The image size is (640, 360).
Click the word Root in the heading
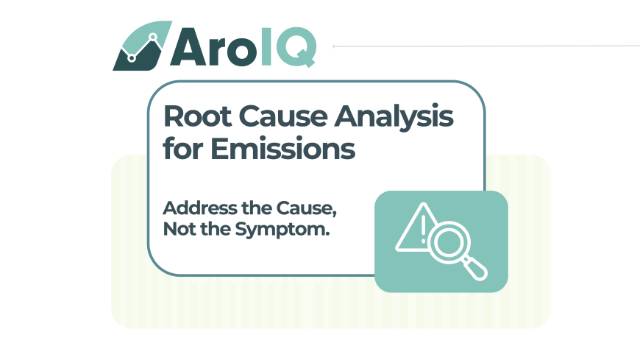click(198, 117)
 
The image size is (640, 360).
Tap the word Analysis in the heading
click(394, 118)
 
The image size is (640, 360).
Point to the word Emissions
click(283, 148)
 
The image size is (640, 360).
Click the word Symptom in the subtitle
click(282, 230)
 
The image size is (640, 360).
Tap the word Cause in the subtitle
click(306, 208)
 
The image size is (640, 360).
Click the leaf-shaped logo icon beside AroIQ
click(142, 46)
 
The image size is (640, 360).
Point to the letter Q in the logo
click(296, 46)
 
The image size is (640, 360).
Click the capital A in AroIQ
click(188, 46)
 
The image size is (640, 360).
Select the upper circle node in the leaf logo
click(153, 38)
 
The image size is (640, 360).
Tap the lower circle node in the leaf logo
click(132, 58)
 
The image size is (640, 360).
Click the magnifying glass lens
click(448, 241)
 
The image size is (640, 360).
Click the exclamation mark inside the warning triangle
click(423, 229)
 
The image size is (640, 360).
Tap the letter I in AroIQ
click(266, 46)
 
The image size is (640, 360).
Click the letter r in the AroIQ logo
click(216, 52)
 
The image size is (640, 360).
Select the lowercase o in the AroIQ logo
click(241, 52)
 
